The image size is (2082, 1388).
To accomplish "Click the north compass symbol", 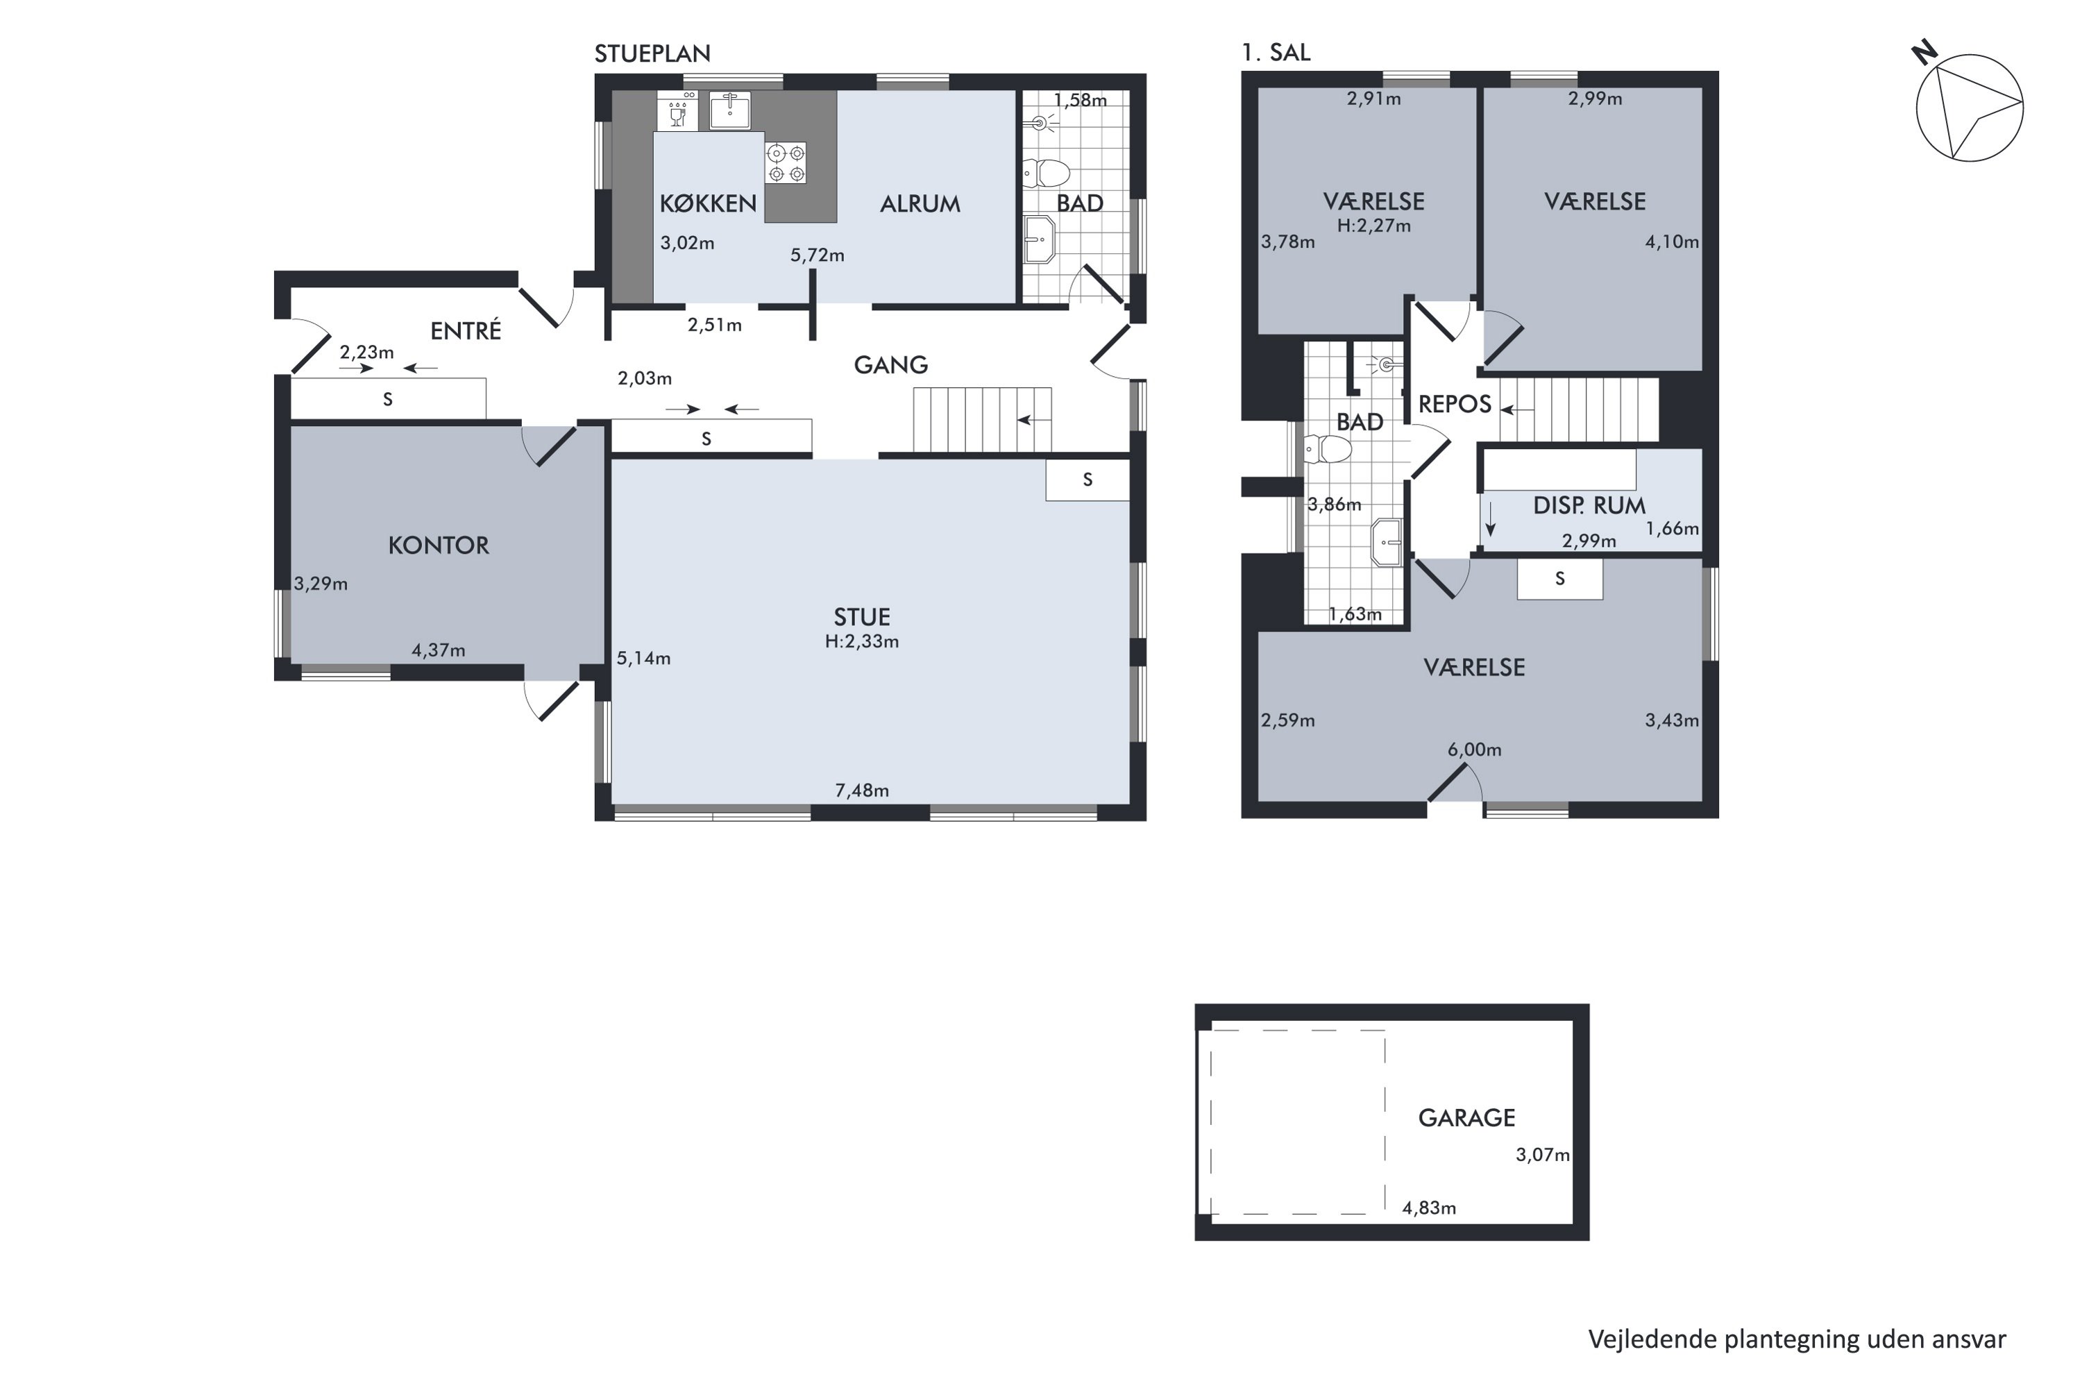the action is pyautogui.click(x=1969, y=106).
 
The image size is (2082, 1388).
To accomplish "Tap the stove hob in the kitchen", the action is pyautogui.click(x=786, y=163).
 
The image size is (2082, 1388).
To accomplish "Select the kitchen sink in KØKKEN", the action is pyautogui.click(x=729, y=110).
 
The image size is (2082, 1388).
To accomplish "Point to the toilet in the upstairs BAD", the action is pyautogui.click(x=1327, y=450).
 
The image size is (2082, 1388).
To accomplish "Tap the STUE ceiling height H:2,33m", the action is pyautogui.click(x=861, y=642).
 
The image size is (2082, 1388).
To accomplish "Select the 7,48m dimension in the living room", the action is pyautogui.click(x=861, y=790).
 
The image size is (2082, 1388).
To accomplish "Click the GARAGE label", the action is pyautogui.click(x=1467, y=1118).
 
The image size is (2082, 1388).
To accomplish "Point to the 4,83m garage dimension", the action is pyautogui.click(x=1429, y=1208).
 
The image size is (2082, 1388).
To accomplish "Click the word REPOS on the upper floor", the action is pyautogui.click(x=1455, y=405).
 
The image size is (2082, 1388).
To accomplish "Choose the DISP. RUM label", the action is pyautogui.click(x=1589, y=505).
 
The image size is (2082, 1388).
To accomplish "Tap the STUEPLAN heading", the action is pyautogui.click(x=652, y=54).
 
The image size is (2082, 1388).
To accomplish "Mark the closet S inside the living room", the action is pyautogui.click(x=1087, y=480).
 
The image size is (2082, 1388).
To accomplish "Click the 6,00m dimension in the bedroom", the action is pyautogui.click(x=1474, y=750).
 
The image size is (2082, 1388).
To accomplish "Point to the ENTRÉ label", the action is pyautogui.click(x=466, y=330).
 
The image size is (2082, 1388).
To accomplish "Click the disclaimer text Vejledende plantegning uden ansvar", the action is pyautogui.click(x=1797, y=1339).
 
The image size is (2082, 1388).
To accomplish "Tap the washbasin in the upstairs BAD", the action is pyautogui.click(x=1386, y=543).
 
